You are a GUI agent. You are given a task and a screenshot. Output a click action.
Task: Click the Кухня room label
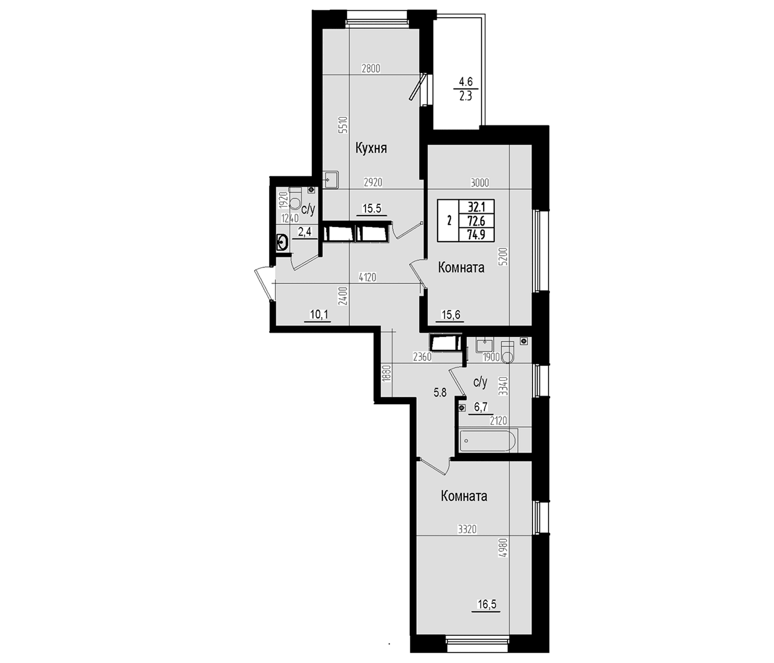point(371,149)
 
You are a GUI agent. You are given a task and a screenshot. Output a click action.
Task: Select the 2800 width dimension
point(371,68)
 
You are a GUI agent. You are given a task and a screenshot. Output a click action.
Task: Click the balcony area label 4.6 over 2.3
point(466,89)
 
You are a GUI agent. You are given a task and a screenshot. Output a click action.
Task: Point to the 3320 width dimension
point(467,529)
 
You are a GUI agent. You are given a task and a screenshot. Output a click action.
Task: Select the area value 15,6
point(451,314)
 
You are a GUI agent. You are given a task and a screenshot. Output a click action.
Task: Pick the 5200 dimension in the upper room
point(502,257)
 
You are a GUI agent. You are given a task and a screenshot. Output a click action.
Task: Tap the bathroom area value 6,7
point(481,407)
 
